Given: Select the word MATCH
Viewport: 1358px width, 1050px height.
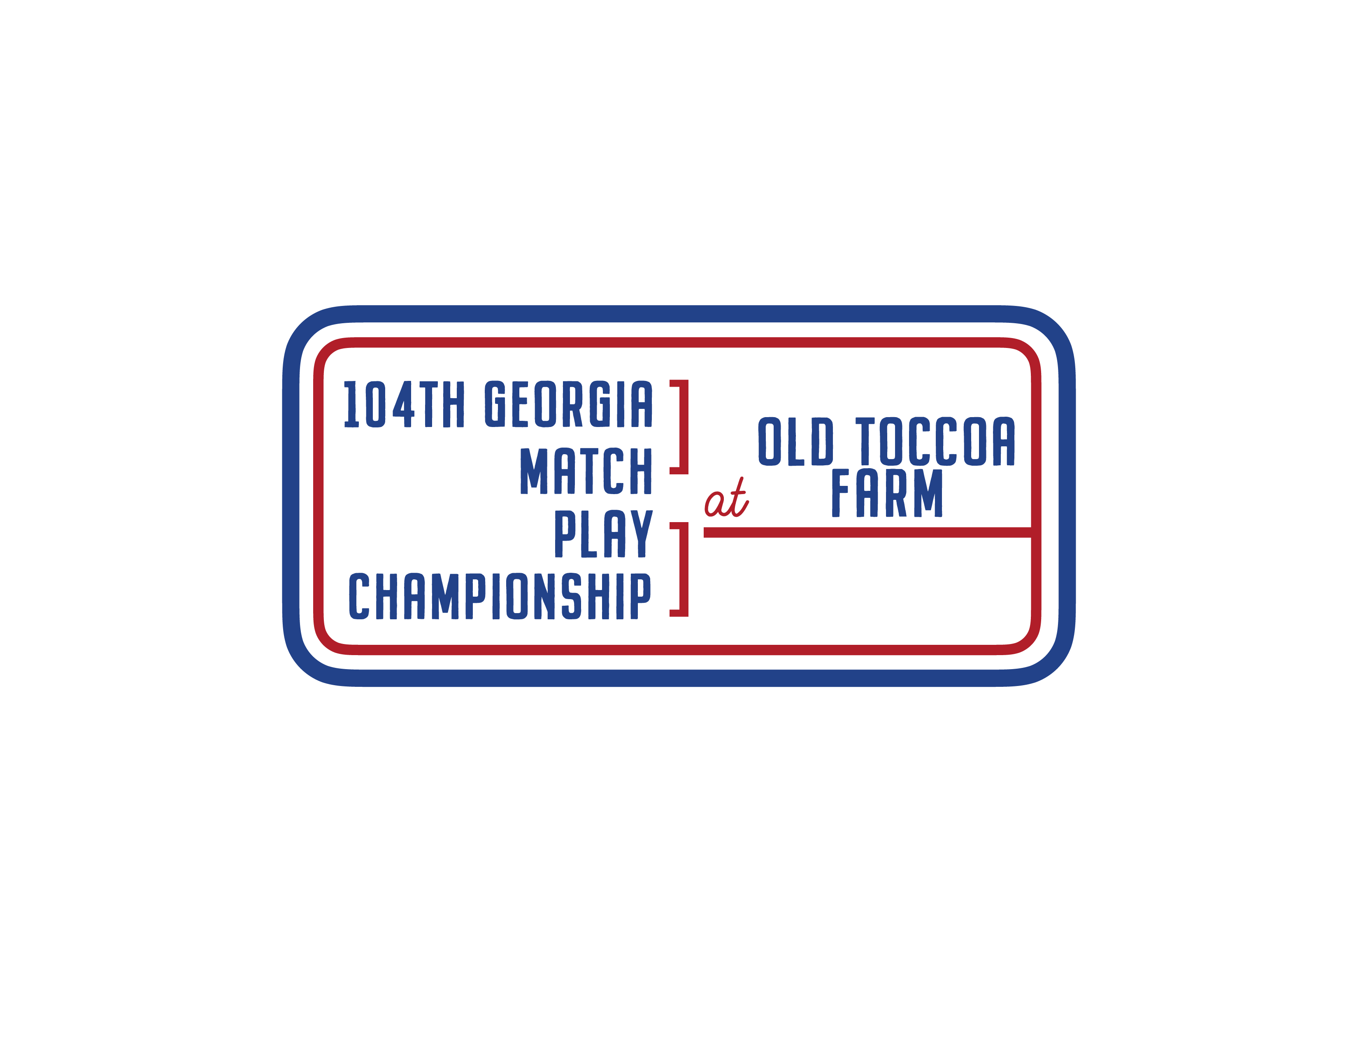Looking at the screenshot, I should [586, 471].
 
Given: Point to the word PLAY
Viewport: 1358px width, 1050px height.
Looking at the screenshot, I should [603, 534].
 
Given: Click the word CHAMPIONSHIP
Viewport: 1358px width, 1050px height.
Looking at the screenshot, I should [500, 597].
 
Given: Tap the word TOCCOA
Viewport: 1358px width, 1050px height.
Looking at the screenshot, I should [935, 442].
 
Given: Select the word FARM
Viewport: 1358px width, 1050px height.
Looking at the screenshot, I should [887, 493].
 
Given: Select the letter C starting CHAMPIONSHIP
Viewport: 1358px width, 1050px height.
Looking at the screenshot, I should [359, 597].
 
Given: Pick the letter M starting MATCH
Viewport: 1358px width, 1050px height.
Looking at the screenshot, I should [533, 471].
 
